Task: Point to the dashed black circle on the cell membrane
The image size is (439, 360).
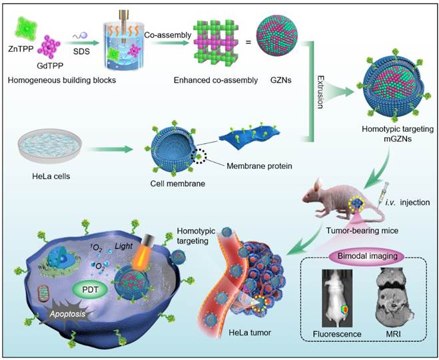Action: point(198,159)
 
